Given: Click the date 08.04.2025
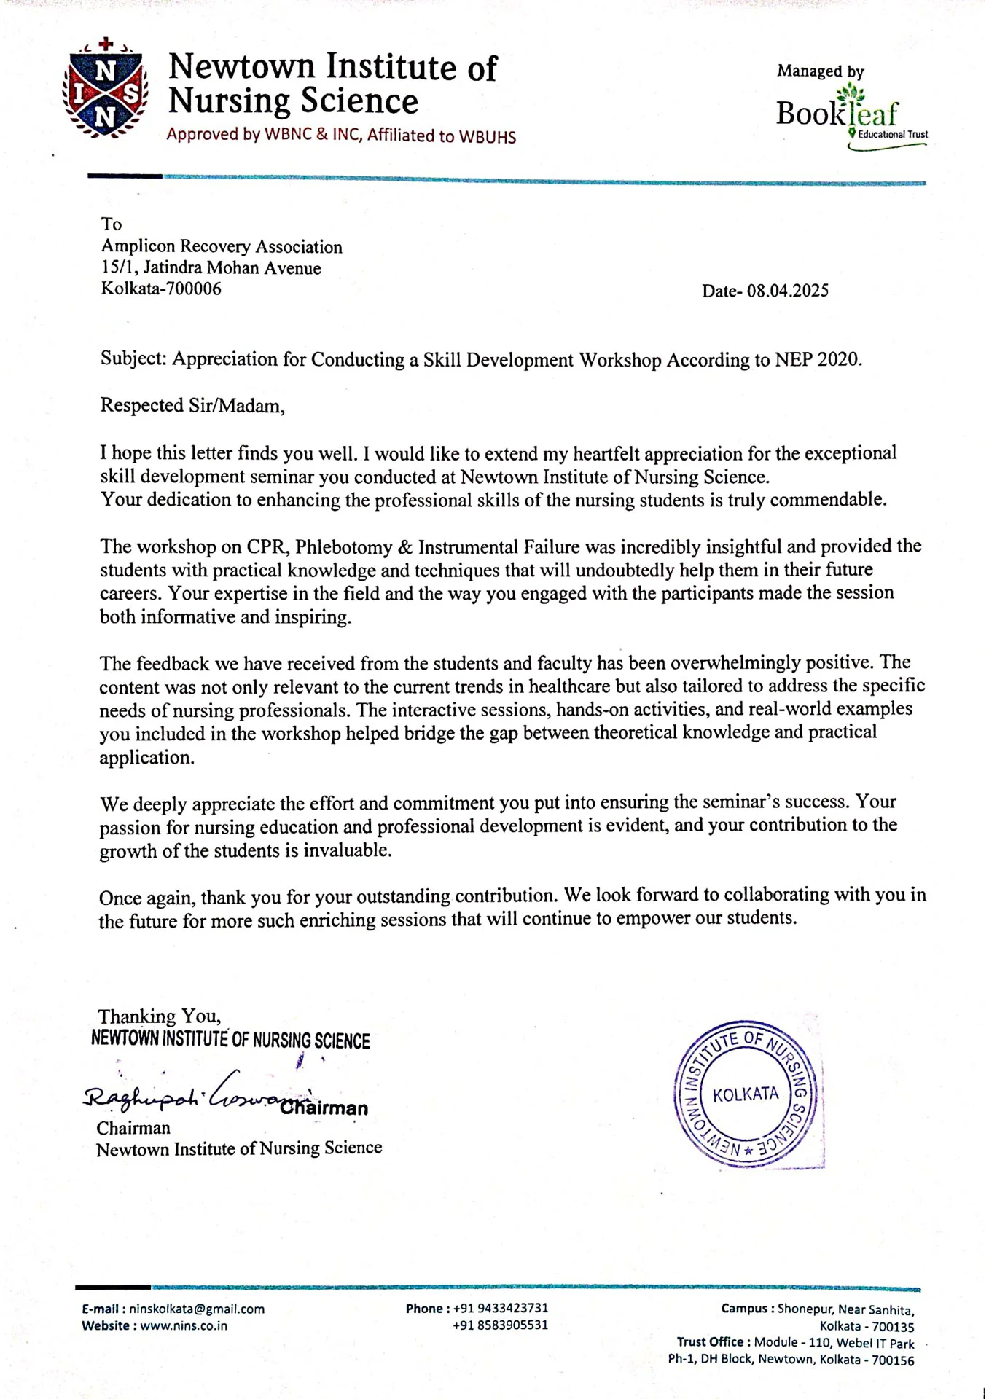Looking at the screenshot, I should [787, 291].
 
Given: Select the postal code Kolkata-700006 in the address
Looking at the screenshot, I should [160, 289].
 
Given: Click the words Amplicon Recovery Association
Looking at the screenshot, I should [222, 247].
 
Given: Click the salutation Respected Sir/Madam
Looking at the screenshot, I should [192, 406].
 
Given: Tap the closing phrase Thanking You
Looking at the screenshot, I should [159, 1016].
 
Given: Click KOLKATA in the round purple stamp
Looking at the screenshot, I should [745, 1094].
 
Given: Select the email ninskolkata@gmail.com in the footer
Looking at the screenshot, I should [197, 1309].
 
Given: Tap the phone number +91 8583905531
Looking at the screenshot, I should [500, 1325].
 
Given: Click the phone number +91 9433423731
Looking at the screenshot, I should [500, 1308].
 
